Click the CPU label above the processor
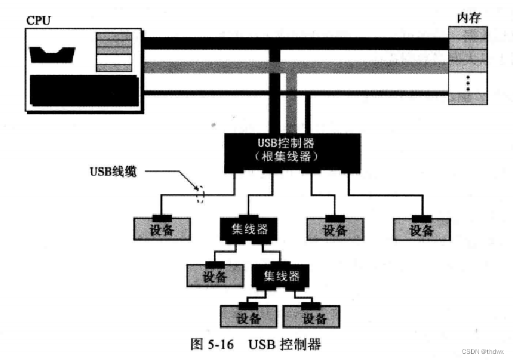(x=38, y=20)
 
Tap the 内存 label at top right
(x=468, y=17)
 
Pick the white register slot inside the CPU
(x=114, y=60)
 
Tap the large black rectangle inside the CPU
(x=84, y=91)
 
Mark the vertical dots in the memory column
(x=467, y=82)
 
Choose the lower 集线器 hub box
(x=280, y=276)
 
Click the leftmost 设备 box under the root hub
(x=162, y=229)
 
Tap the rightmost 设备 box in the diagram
(x=422, y=229)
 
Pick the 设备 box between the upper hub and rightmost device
(x=335, y=229)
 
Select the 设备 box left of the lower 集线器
(x=215, y=275)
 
